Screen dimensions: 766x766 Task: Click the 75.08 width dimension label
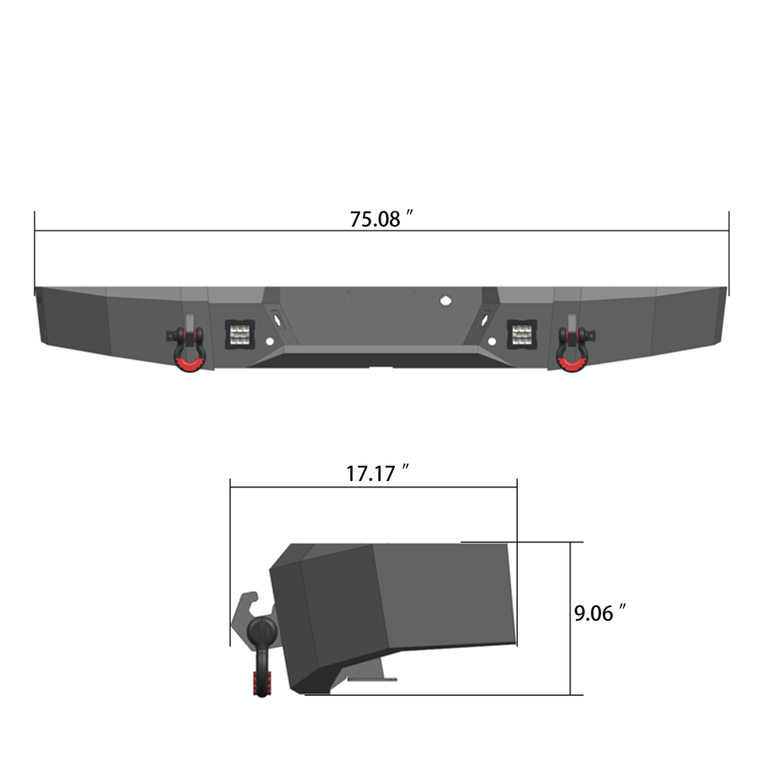click(375, 219)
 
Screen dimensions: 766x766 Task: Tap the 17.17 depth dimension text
click(371, 473)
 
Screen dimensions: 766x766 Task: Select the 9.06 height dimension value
click(592, 614)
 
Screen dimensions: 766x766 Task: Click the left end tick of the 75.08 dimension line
click(35, 231)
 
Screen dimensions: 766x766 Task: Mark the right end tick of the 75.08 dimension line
click(728, 231)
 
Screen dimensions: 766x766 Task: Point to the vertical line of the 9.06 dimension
click(571, 618)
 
